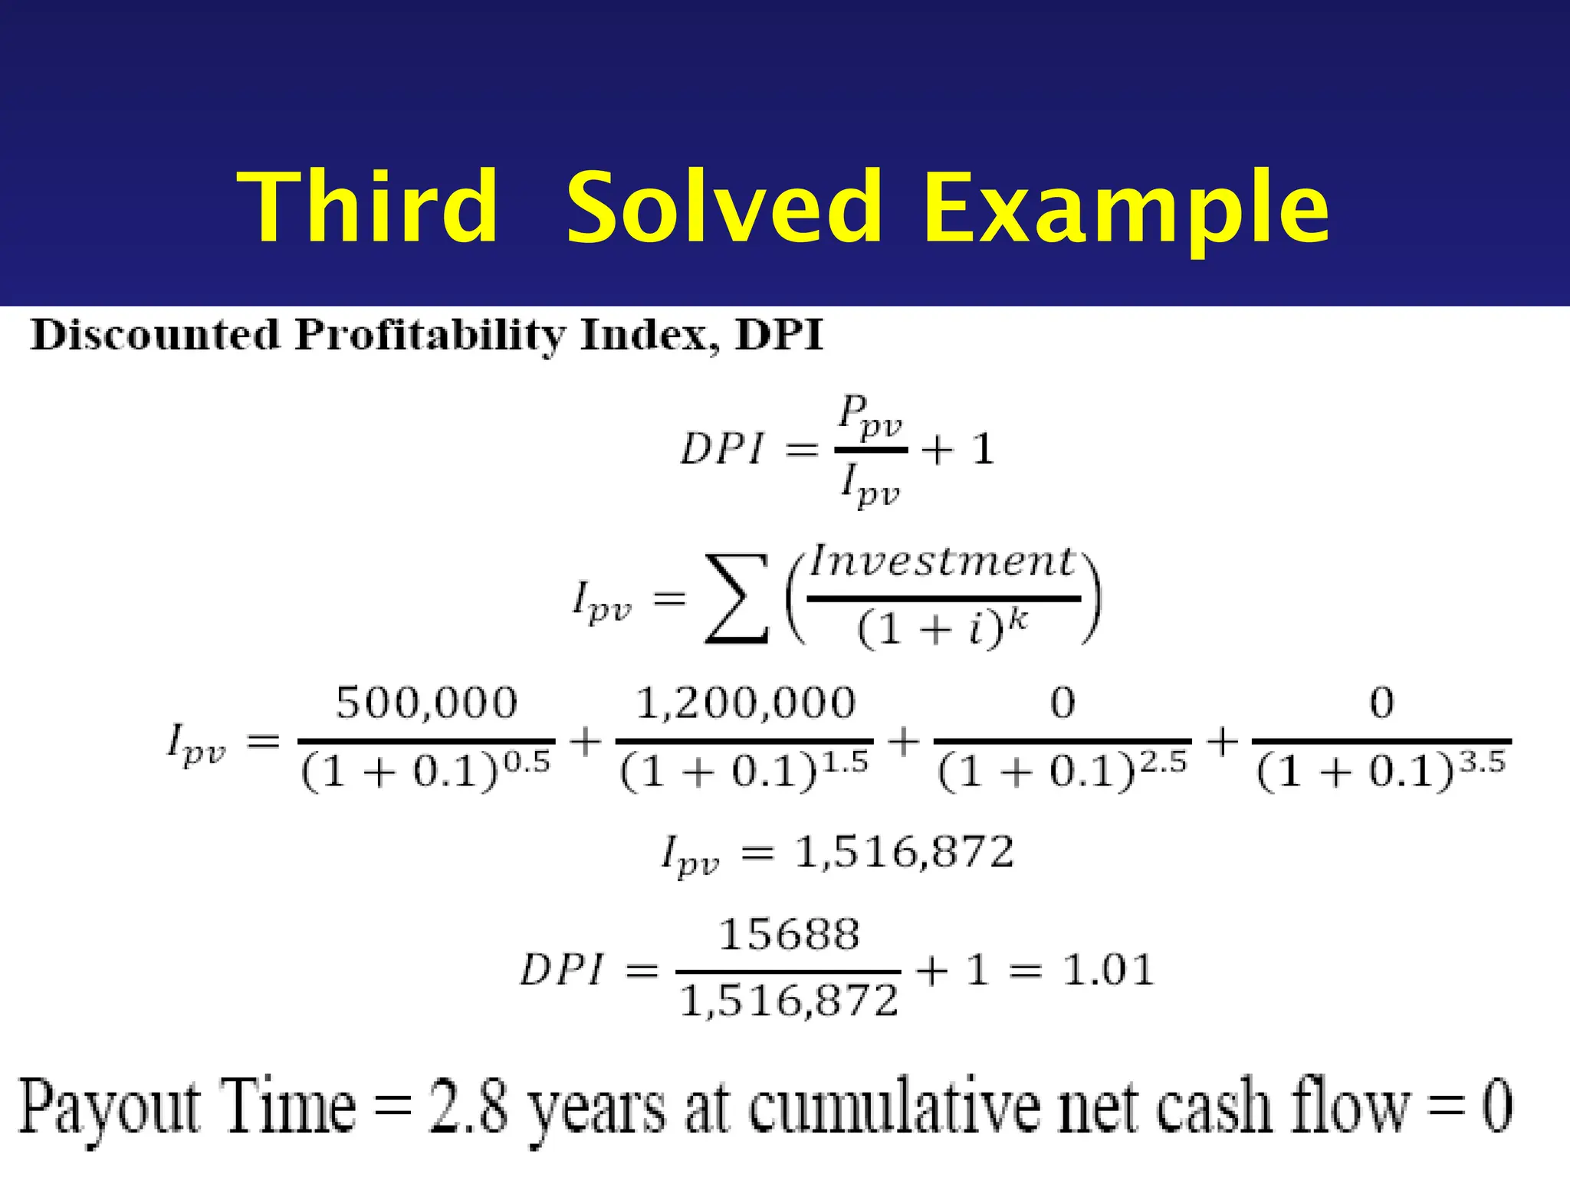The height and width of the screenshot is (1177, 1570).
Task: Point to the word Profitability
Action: [430, 336]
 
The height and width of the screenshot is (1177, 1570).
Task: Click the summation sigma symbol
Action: [737, 598]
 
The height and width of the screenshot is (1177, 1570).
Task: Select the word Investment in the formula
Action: [942, 561]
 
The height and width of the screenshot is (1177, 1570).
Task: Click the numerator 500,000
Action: [427, 703]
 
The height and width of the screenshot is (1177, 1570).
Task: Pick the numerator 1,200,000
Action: [745, 703]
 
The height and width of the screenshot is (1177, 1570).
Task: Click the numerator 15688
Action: [789, 935]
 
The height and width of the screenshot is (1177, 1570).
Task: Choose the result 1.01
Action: [1109, 970]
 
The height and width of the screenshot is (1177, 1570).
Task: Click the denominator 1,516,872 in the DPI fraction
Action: [789, 1001]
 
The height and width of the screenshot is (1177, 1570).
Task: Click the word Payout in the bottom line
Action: [107, 1107]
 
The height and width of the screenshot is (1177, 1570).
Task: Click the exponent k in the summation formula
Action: [1017, 619]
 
